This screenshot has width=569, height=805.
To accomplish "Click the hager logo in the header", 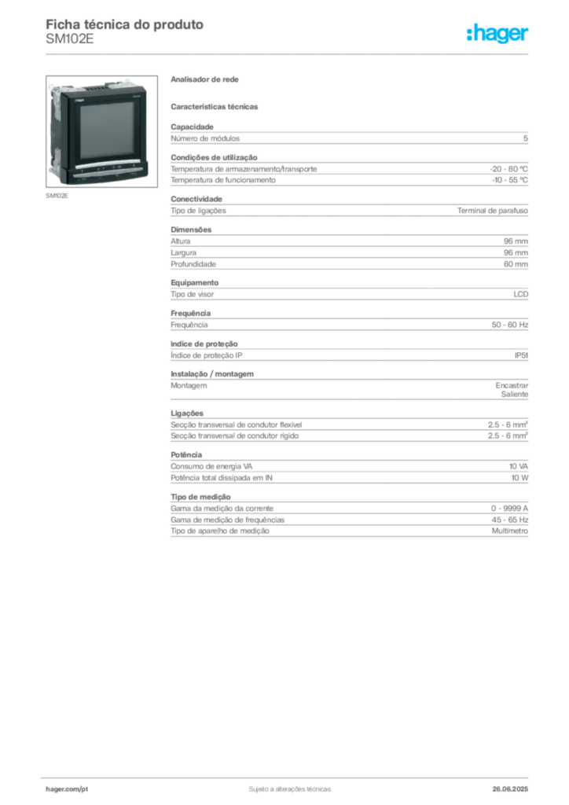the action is pyautogui.click(x=497, y=34).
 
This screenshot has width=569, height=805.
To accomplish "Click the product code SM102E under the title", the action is pyautogui.click(x=70, y=39).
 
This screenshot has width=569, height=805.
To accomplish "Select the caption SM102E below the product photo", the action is pyautogui.click(x=57, y=196).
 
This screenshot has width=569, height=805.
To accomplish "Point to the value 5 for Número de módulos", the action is pyautogui.click(x=526, y=138).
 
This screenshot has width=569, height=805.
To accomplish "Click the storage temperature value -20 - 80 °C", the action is pyautogui.click(x=508, y=169).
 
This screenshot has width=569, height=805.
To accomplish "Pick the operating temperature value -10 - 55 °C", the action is pyautogui.click(x=509, y=180).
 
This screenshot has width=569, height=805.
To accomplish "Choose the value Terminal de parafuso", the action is pyautogui.click(x=493, y=211).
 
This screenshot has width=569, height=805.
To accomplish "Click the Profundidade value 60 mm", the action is pyautogui.click(x=516, y=264).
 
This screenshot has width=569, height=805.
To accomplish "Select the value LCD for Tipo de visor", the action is pyautogui.click(x=521, y=294).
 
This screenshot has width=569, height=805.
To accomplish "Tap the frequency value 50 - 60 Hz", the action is pyautogui.click(x=509, y=325).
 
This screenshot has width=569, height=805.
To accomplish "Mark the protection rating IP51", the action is pyautogui.click(x=521, y=355).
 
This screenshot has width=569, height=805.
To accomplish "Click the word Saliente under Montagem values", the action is pyautogui.click(x=515, y=395).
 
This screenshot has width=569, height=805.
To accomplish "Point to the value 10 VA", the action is pyautogui.click(x=518, y=466).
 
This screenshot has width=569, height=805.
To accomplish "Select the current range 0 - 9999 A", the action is pyautogui.click(x=509, y=509).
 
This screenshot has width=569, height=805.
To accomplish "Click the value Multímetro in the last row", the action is pyautogui.click(x=509, y=531).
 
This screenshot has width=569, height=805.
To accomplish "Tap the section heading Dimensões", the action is pyautogui.click(x=191, y=230).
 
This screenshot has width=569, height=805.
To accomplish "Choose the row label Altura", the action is pyautogui.click(x=181, y=241).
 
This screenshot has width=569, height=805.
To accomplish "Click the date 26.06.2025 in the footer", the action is pyautogui.click(x=510, y=789).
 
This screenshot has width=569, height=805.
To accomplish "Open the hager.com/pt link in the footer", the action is pyautogui.click(x=67, y=789).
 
